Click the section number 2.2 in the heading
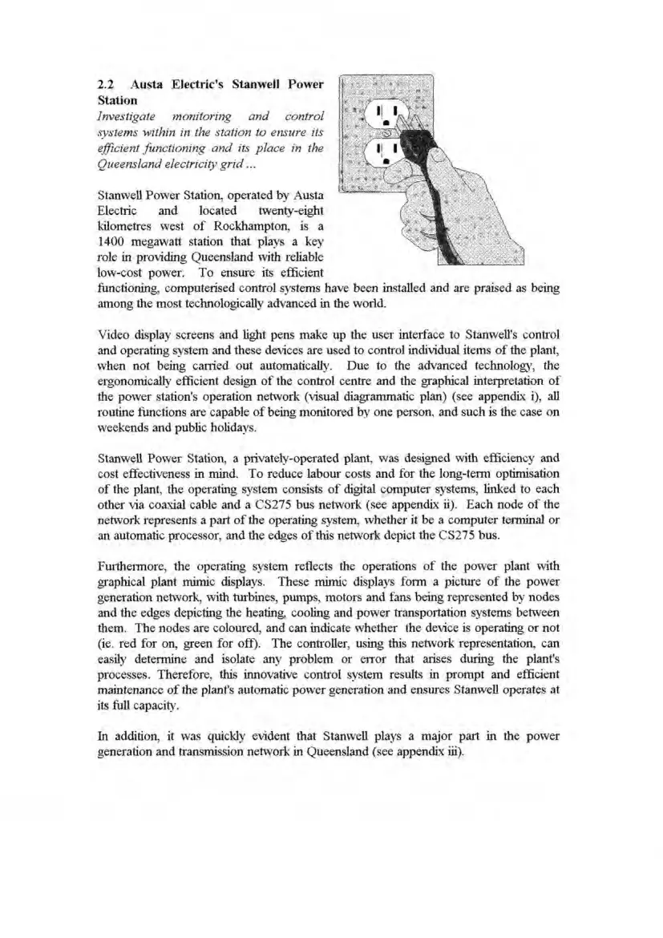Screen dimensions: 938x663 tap(105, 84)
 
